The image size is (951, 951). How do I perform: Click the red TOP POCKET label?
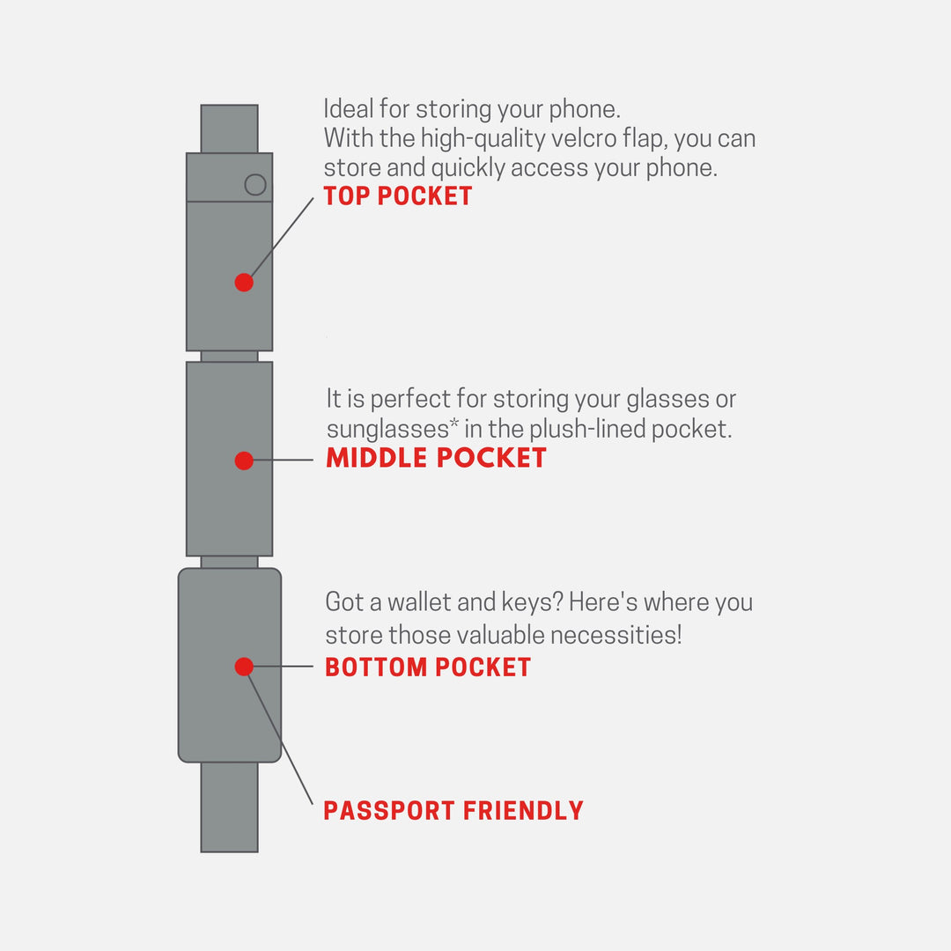(x=398, y=195)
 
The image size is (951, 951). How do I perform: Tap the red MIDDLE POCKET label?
(x=436, y=458)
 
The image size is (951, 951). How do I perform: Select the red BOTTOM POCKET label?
(x=428, y=667)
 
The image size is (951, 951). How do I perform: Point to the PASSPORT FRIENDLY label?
(x=453, y=810)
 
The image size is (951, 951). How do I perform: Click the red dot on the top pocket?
(x=244, y=282)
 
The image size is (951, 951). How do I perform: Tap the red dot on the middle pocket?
(x=244, y=461)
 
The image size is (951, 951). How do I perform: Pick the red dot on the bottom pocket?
(x=244, y=667)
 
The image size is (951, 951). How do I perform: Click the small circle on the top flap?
(x=255, y=184)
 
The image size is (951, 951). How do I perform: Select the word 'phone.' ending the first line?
(x=585, y=110)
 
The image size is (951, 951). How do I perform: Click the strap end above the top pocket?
(x=229, y=129)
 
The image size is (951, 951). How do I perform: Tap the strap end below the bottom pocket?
(x=229, y=807)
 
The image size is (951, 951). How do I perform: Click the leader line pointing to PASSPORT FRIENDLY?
(x=280, y=738)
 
